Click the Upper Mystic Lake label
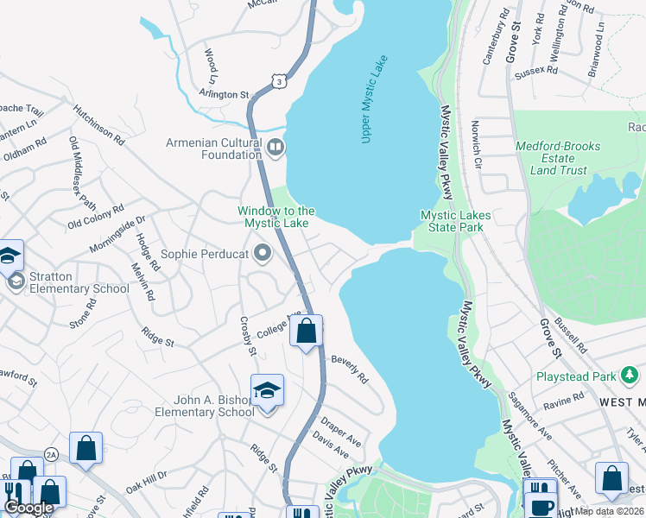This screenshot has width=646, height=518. pyautogui.click(x=375, y=99)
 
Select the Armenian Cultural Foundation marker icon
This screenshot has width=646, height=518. pyautogui.click(x=275, y=148)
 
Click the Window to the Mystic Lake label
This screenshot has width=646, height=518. pyautogui.click(x=276, y=217)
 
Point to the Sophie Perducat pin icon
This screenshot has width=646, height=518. pyautogui.click(x=263, y=254)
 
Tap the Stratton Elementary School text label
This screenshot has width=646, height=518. pyautogui.click(x=79, y=282)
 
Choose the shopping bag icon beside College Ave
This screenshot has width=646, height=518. pyautogui.click(x=307, y=331)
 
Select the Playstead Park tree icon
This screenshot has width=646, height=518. pyautogui.click(x=630, y=376)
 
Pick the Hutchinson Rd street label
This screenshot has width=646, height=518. pyautogui.click(x=98, y=123)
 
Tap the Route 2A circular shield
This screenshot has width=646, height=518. pyautogui.click(x=51, y=454)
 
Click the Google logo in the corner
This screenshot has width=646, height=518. pyautogui.click(x=29, y=508)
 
